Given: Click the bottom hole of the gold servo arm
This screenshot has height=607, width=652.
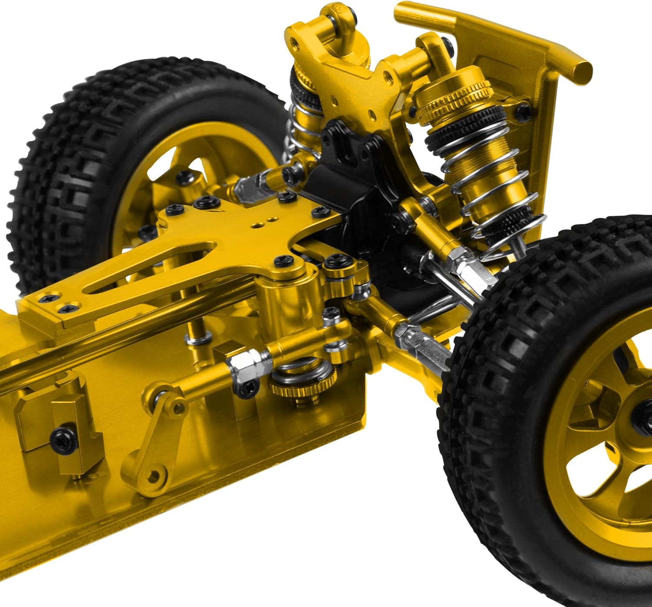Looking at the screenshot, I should [153, 477].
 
